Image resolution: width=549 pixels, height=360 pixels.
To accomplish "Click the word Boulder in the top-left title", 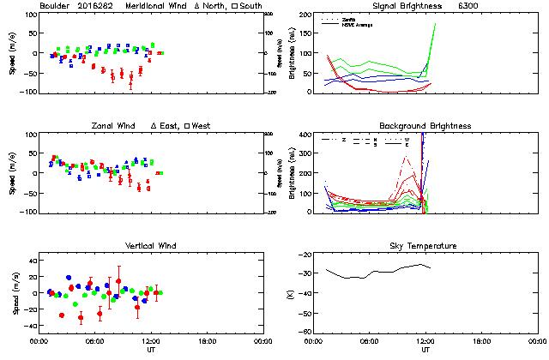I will (54, 6).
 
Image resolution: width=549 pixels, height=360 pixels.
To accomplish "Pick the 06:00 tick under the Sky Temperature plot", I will (370, 340).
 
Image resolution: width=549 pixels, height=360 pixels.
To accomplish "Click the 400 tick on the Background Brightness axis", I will (305, 135).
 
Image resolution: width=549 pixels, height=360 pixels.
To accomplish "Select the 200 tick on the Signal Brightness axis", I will (305, 15).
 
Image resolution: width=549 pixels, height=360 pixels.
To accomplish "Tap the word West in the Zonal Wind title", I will (203, 126).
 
